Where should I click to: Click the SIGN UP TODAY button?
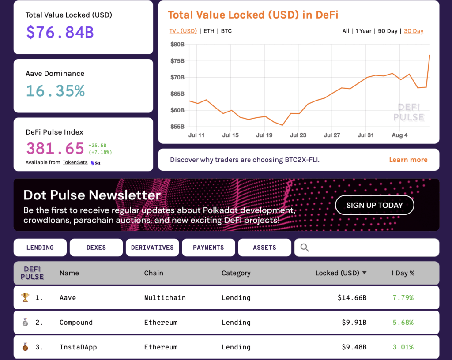pos(374,205)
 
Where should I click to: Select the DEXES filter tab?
pos(96,247)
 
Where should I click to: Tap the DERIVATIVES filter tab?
pos(152,247)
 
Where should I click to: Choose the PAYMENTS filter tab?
pos(208,247)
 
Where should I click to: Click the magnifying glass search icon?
pos(305,247)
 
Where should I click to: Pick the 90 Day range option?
pos(388,31)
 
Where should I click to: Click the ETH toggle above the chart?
pos(209,31)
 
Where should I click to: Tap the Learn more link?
pos(408,160)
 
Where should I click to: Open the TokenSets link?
pos(75,162)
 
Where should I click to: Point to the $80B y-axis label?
pos(177,44)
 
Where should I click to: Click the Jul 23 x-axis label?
pos(298,135)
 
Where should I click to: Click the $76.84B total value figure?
pos(60,32)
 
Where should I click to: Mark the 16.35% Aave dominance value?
pos(55,90)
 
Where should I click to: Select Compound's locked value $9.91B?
pos(354,322)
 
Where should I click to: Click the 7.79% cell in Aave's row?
pos(403,298)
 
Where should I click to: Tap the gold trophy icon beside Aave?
pos(25,298)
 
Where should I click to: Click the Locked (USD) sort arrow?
pos(364,273)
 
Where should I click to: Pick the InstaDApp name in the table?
pos(78,347)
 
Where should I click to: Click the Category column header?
pos(236,273)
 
